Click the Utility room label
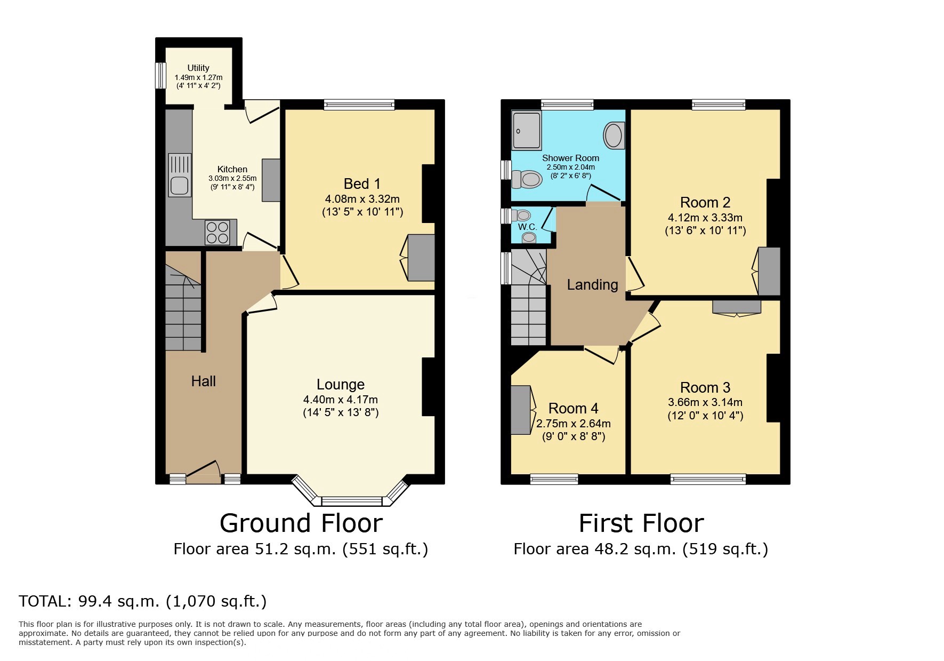point(198,68)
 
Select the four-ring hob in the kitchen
point(217,232)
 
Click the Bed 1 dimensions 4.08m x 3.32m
point(362,199)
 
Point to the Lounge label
point(340,384)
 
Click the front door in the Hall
point(203,472)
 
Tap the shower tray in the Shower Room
point(526,130)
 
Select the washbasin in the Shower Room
point(614,135)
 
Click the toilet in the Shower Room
point(527,179)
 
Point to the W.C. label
point(527,227)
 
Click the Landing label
point(592,285)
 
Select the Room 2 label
point(705,203)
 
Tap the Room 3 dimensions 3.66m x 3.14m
point(705,402)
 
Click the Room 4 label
point(573,408)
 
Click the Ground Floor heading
point(301,523)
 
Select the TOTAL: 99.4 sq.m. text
point(142,601)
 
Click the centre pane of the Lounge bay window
point(352,501)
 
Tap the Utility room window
point(159,76)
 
